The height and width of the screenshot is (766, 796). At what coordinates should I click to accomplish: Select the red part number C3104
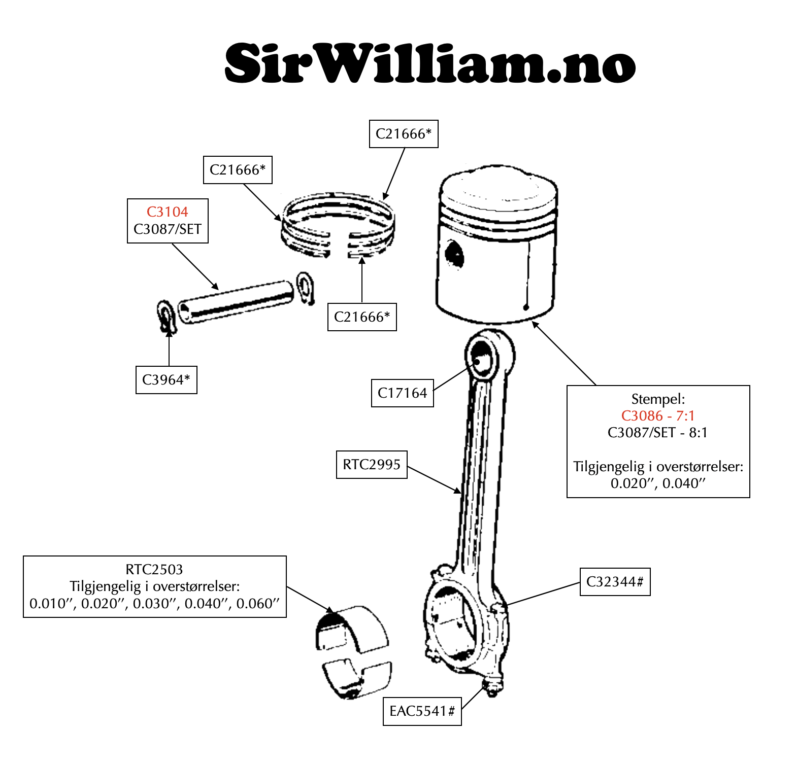(167, 212)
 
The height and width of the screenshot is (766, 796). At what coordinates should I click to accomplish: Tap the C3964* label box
(166, 380)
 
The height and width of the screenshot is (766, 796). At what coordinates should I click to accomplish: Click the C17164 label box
(402, 393)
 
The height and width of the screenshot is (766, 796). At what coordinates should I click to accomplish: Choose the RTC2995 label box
(372, 465)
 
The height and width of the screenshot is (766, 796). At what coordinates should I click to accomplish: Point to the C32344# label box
(615, 582)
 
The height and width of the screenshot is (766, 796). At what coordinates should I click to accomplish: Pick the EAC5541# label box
(422, 711)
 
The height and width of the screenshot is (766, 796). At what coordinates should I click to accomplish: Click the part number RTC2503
(154, 570)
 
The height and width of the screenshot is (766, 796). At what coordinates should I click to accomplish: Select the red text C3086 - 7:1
(657, 416)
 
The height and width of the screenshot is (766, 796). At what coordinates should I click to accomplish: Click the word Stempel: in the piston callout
(658, 399)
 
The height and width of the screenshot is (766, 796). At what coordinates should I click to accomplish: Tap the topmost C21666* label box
(403, 134)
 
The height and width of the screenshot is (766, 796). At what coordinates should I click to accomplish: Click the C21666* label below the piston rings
(361, 317)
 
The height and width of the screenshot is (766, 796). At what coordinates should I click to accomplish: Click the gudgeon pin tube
(237, 302)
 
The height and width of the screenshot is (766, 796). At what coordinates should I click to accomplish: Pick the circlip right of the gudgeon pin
(305, 287)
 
